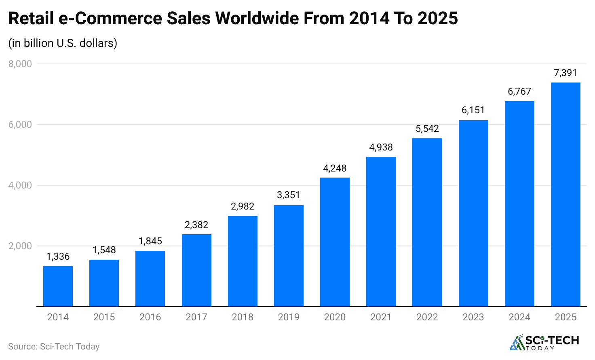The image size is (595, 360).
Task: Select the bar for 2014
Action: click(58, 286)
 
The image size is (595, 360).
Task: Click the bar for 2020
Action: click(335, 242)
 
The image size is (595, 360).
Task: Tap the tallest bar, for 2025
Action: click(565, 194)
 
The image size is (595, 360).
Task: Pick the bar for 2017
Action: click(196, 270)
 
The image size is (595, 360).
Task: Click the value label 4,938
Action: click(381, 147)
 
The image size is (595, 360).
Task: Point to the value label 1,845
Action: click(150, 241)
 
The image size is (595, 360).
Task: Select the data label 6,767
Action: click(519, 91)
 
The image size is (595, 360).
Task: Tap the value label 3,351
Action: click(289, 195)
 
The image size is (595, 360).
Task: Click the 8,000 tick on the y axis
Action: click(20, 64)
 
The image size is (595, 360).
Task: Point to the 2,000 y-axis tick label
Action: click(20, 246)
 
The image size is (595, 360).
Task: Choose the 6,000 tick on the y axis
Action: click(20, 125)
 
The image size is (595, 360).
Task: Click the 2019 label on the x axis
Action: click(289, 317)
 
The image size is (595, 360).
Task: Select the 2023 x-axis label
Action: click(473, 317)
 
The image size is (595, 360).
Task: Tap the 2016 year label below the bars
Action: click(150, 317)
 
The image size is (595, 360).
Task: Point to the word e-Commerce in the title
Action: click(107, 19)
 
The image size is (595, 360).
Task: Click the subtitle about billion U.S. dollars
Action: click(63, 43)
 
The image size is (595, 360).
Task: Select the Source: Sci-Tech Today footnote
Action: click(54, 347)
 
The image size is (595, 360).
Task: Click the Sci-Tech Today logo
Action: click(544, 342)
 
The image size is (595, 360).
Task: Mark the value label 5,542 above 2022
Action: click(427, 129)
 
